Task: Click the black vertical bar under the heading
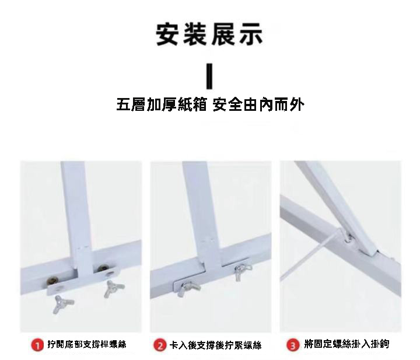(209, 76)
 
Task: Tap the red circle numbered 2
(160, 345)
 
